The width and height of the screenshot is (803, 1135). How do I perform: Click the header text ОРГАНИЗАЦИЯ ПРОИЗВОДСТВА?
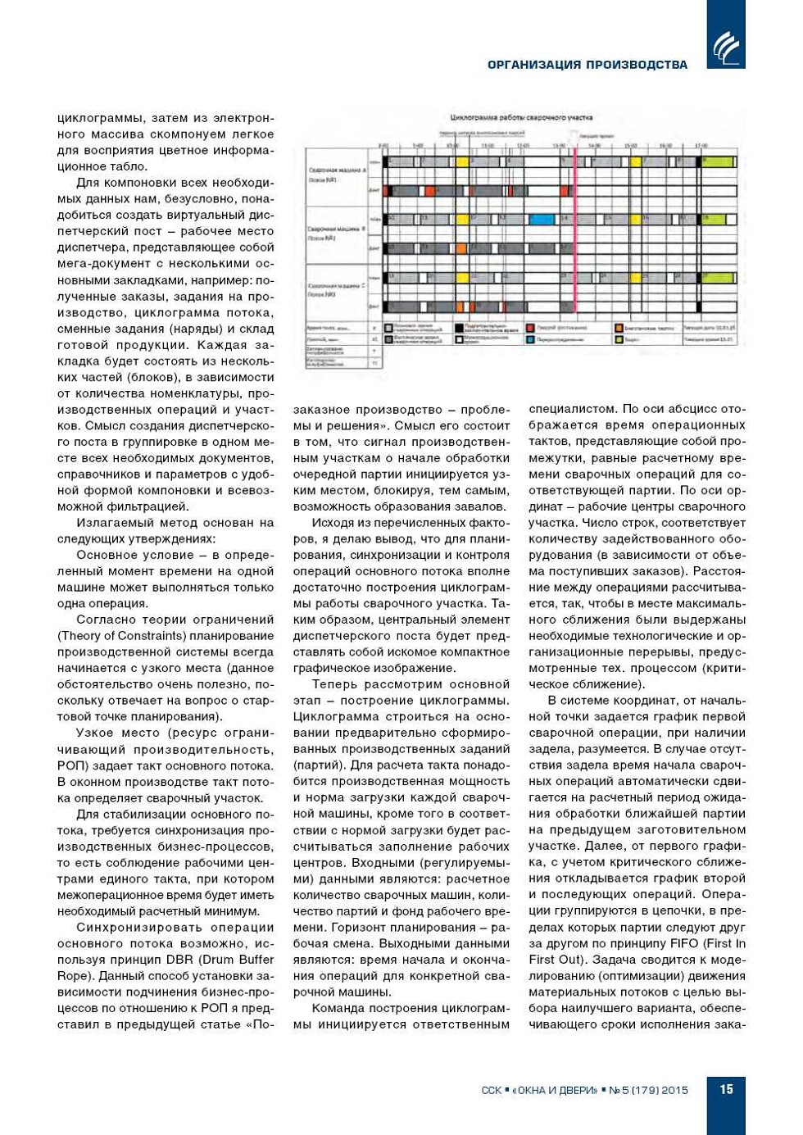587,65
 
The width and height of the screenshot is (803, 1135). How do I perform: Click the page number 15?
726,1089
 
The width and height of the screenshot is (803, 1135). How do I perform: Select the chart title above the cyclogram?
521,118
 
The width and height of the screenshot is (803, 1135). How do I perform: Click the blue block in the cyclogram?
541,219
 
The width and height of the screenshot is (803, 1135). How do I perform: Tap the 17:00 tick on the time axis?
701,145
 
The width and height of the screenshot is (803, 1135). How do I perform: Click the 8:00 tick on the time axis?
384,145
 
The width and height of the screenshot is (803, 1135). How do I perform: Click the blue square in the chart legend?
531,339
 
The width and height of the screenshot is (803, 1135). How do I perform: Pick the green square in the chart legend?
619,339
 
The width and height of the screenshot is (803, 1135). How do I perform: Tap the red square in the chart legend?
531,328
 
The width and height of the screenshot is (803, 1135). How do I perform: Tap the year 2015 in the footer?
674,1090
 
